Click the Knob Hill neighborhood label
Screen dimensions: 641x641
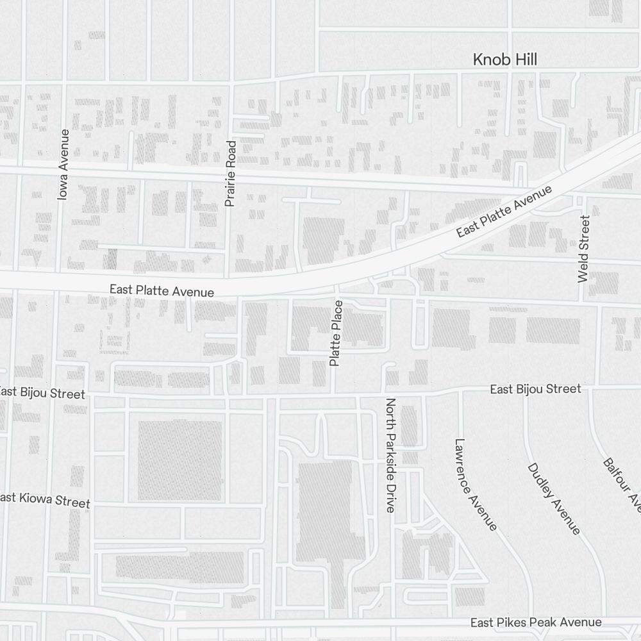point(504,60)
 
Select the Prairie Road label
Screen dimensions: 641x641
point(231,173)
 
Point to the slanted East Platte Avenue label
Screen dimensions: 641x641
point(504,212)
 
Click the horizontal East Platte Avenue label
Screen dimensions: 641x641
point(162,290)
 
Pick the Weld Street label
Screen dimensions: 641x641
point(583,248)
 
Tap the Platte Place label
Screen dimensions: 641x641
point(336,333)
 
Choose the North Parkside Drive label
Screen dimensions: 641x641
point(390,455)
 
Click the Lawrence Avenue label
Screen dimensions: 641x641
point(475,485)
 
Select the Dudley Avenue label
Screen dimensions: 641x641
point(554,498)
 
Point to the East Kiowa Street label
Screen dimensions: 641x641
point(45,500)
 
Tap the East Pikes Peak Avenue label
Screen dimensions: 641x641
point(536,622)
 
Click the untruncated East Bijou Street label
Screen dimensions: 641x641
point(535,389)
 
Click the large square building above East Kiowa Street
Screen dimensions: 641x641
point(180,460)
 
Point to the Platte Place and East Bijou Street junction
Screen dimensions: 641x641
point(335,393)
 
